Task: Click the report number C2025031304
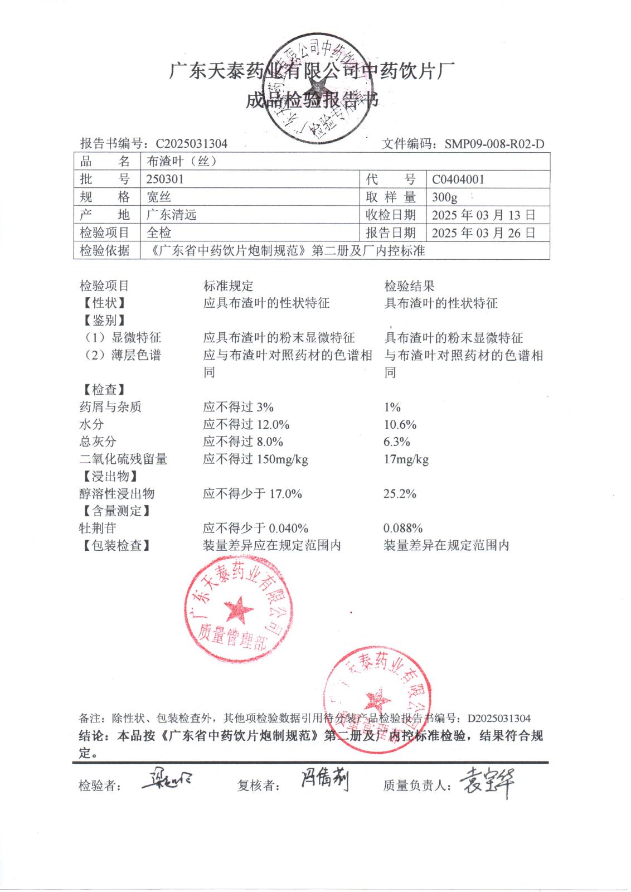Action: pyautogui.click(x=191, y=144)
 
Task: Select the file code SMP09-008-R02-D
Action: pyautogui.click(x=494, y=144)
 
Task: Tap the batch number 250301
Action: pyautogui.click(x=165, y=180)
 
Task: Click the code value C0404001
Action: pyautogui.click(x=458, y=180)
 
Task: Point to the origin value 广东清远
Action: pyautogui.click(x=171, y=215)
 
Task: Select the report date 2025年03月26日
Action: pyautogui.click(x=483, y=233)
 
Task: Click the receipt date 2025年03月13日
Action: pyautogui.click(x=483, y=215)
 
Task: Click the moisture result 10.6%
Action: pyautogui.click(x=400, y=425)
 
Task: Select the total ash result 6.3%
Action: pyautogui.click(x=397, y=442)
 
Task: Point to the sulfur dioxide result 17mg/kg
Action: pyautogui.click(x=406, y=459)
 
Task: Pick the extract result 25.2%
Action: pyautogui.click(x=400, y=494)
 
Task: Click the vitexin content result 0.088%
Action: pyautogui.click(x=403, y=529)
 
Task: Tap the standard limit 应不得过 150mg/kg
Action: pyautogui.click(x=255, y=459)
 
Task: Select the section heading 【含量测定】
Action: pyautogui.click(x=115, y=511)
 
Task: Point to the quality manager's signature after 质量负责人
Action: pyautogui.click(x=486, y=783)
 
